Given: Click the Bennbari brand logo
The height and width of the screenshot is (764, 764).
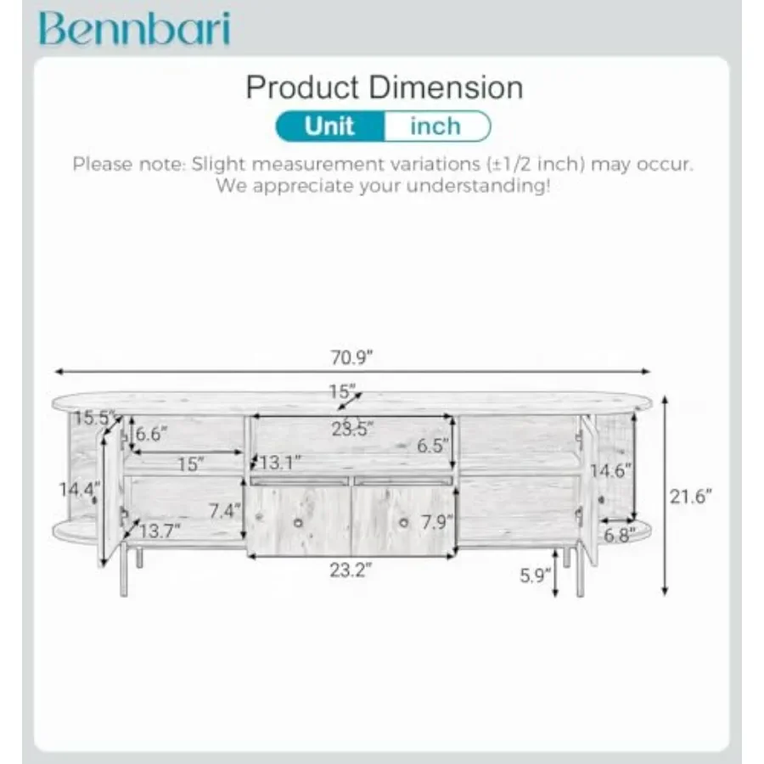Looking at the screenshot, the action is point(134,28).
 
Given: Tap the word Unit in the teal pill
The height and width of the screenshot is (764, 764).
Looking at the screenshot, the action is point(329,126).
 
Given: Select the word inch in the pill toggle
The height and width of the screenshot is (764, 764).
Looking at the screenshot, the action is point(435,126).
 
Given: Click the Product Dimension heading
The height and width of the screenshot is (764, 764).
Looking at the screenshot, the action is point(384,87).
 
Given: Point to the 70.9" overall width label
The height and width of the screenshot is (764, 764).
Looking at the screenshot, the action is point(351,357).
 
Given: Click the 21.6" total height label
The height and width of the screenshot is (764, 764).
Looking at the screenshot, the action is point(690,497).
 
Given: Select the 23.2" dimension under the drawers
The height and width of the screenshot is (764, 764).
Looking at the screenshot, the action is point(351,570).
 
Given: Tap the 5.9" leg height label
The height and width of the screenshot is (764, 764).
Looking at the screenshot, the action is point(535,576).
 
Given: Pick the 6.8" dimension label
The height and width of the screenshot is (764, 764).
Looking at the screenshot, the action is point(620,535).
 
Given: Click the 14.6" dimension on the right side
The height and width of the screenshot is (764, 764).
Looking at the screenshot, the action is point(610,470).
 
